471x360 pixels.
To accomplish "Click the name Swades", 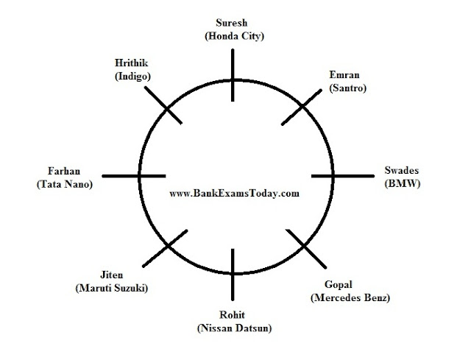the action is [x=402, y=171].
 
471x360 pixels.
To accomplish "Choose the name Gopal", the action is [x=339, y=285].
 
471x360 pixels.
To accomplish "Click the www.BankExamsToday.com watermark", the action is [x=233, y=194].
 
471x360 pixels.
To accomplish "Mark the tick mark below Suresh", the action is [x=233, y=77].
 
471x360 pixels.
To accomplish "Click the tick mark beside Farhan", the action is [x=132, y=176].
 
